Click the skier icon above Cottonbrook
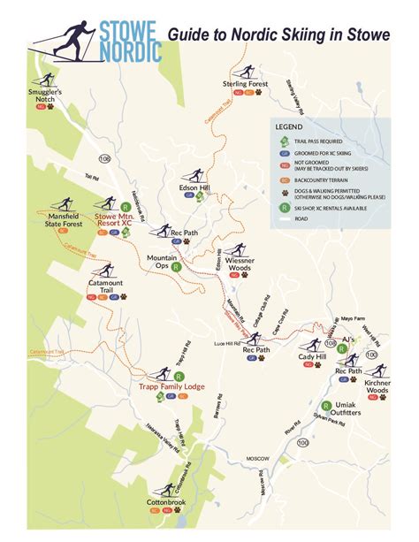(167, 488)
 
